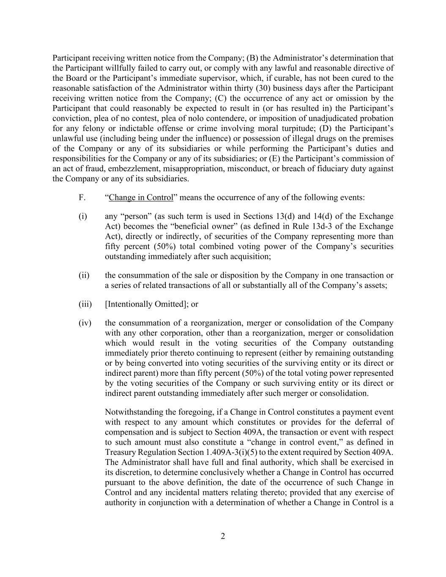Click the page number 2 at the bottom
(223, 536)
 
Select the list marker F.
(82, 197)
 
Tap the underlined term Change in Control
(141, 197)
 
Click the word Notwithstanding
(133, 412)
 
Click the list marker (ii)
(84, 275)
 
